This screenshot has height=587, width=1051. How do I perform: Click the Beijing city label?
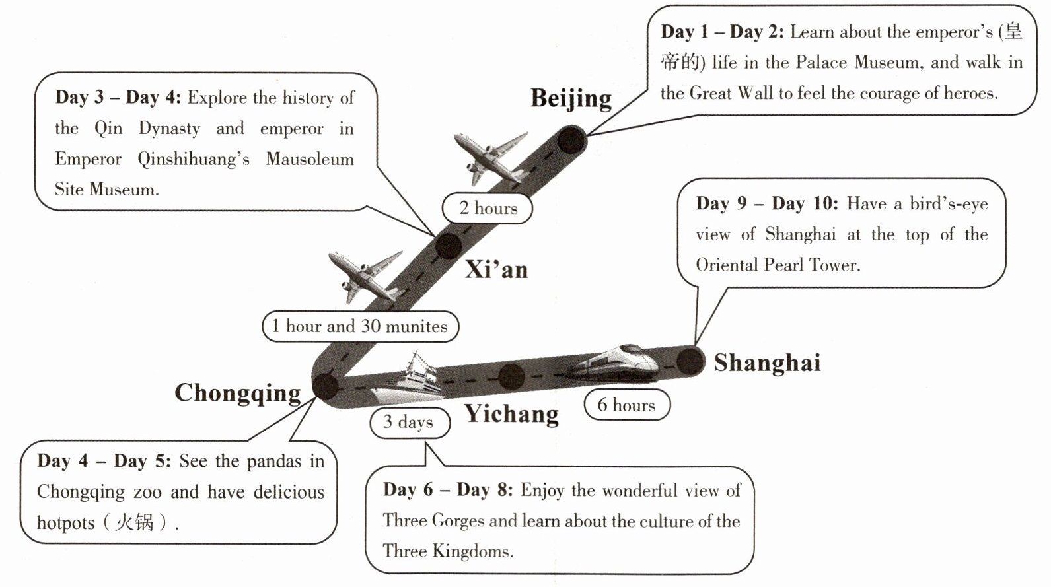(571, 99)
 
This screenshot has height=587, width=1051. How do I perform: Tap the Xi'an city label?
(496, 269)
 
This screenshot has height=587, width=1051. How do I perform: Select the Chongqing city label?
(238, 393)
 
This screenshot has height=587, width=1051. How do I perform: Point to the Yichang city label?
(511, 414)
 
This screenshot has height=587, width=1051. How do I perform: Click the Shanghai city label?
(767, 363)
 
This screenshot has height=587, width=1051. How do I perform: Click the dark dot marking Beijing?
(571, 141)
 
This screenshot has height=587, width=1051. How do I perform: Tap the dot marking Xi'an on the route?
(449, 246)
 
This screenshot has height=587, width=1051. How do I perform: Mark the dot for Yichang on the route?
(511, 376)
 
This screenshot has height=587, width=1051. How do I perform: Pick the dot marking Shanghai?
(690, 361)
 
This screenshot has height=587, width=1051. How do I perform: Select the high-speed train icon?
(614, 363)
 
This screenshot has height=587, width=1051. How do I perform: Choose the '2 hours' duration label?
(488, 209)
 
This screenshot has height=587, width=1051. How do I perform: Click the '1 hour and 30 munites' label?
(360, 326)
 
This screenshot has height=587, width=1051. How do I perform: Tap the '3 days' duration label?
(409, 422)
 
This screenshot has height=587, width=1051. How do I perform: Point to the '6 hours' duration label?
(626, 405)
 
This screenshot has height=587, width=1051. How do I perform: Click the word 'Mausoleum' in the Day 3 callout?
(310, 159)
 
